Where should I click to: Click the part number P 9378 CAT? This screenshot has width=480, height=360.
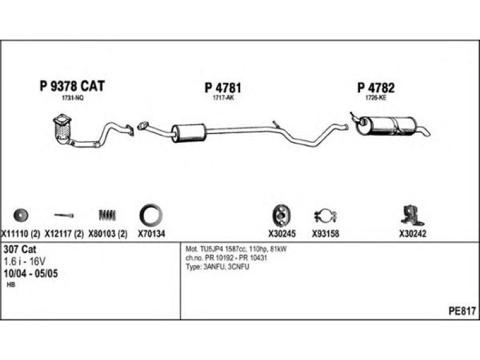click(72, 86)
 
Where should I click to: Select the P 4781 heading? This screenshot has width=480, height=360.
click(223, 88)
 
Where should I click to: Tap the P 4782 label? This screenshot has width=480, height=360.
click(376, 88)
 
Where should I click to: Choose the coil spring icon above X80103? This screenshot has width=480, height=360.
click(106, 215)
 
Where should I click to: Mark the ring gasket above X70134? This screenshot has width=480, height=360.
click(150, 215)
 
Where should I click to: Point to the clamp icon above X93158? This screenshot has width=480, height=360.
click(325, 215)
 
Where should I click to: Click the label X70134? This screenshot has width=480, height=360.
click(151, 234)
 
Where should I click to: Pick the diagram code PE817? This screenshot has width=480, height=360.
click(461, 311)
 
